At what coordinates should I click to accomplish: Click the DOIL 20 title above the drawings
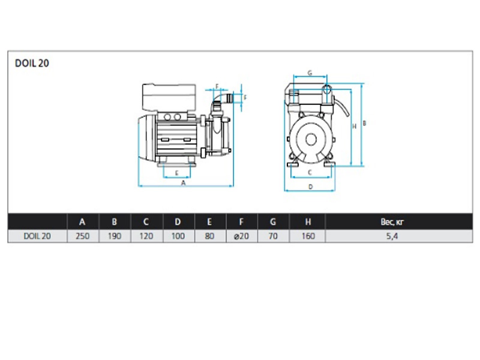(32, 63)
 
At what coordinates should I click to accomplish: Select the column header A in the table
(82, 221)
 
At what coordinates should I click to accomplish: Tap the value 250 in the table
(83, 236)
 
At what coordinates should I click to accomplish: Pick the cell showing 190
(115, 236)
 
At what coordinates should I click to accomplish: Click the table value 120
(146, 236)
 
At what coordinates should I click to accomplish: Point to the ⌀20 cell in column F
(242, 236)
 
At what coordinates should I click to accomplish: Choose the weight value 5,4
(392, 236)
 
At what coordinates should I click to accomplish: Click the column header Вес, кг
(392, 221)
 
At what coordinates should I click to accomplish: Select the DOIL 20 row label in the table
(37, 236)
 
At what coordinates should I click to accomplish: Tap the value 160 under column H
(308, 236)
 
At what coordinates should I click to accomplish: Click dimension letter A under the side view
(183, 183)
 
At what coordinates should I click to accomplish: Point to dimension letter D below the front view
(310, 187)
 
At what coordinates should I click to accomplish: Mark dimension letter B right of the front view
(364, 123)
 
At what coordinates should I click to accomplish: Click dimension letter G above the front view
(310, 73)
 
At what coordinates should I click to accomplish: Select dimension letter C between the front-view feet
(310, 173)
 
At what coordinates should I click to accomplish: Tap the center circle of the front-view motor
(311, 140)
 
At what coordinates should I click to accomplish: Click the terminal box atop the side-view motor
(169, 97)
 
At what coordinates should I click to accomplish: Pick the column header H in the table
(308, 221)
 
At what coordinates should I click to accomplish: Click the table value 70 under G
(273, 236)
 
